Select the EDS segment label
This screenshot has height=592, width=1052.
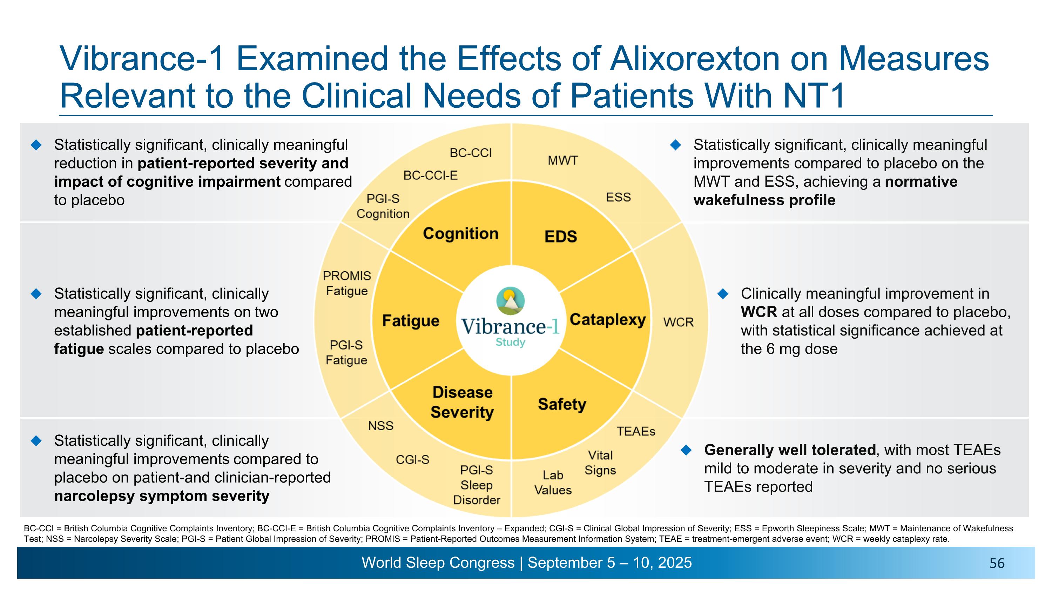pos(561,237)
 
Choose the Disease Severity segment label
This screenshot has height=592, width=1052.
pos(462,402)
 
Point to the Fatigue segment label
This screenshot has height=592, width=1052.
pos(410,321)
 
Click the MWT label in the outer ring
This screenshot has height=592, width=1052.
pos(563,161)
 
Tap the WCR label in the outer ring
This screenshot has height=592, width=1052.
pos(678,322)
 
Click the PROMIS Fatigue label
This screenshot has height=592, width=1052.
pos(347,284)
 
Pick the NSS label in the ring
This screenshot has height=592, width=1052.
pos(380,426)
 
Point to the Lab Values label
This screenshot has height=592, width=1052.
pos(553,483)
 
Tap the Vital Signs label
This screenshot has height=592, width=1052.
pos(600,463)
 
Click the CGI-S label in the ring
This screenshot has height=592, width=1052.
pos(412,460)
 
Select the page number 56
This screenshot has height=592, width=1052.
pos(997,564)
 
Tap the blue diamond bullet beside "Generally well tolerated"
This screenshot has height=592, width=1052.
pos(687,450)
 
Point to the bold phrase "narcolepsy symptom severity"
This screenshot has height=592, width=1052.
pos(162,496)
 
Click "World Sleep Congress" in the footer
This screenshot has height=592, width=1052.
pos(438,563)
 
